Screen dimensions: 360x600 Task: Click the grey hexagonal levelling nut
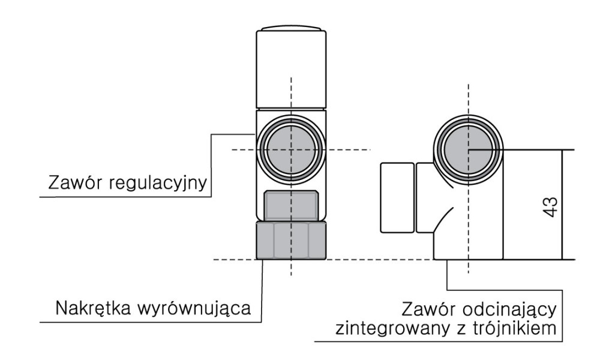tap(291, 240)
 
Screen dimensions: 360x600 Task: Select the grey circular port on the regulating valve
tap(291, 148)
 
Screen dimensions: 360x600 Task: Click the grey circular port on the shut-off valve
tap(468, 148)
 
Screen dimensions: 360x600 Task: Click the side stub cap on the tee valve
tap(397, 197)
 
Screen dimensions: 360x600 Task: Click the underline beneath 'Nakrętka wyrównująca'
tap(150, 322)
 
